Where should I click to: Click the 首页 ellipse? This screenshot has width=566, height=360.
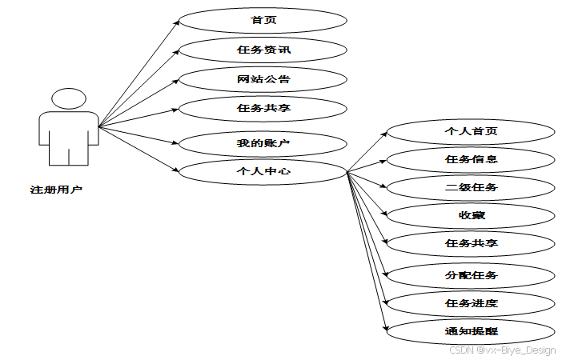[263, 21]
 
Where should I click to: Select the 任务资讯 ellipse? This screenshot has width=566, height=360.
[263, 50]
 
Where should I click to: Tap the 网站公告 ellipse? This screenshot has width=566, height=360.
[263, 78]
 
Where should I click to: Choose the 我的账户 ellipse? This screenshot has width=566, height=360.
[263, 143]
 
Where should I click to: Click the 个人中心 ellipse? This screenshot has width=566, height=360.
[263, 171]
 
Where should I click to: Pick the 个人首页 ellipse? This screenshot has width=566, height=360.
[471, 130]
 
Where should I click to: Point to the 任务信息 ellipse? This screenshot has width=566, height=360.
[471, 159]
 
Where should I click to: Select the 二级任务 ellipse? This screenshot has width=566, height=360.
[471, 188]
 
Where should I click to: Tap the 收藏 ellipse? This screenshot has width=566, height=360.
[471, 215]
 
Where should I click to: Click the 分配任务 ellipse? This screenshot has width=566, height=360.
[471, 275]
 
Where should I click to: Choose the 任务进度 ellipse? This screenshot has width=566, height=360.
[471, 303]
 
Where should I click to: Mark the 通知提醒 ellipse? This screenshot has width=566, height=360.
[471, 330]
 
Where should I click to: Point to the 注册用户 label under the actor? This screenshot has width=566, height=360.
[56, 190]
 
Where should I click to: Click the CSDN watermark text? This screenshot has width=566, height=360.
[502, 350]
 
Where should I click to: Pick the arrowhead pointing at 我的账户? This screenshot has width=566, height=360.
[176, 142]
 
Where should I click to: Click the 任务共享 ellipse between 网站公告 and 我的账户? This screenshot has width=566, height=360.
[263, 107]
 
